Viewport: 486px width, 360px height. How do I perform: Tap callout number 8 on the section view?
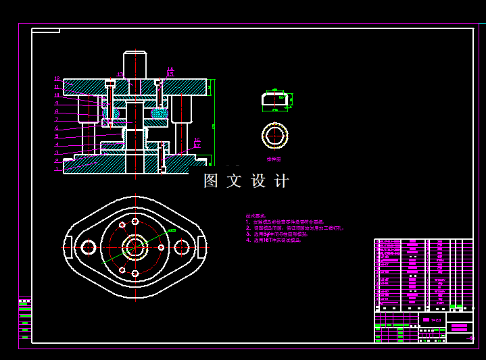57,111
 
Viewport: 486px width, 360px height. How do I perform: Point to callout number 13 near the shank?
120,74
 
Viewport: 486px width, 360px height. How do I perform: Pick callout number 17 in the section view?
197,145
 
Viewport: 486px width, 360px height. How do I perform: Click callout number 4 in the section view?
57,144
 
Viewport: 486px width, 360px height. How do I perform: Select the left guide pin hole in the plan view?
89,247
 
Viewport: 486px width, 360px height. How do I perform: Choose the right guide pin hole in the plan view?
181,247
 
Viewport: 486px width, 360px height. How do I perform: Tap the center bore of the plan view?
135,247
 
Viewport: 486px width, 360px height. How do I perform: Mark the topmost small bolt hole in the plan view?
135,221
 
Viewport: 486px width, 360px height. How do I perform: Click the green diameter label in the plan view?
172,231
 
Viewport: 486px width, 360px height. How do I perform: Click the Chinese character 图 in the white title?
211,181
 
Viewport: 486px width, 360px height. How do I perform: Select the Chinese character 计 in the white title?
282,181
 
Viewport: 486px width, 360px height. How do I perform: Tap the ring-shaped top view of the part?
275,136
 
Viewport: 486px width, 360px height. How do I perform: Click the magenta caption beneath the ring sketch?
274,159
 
